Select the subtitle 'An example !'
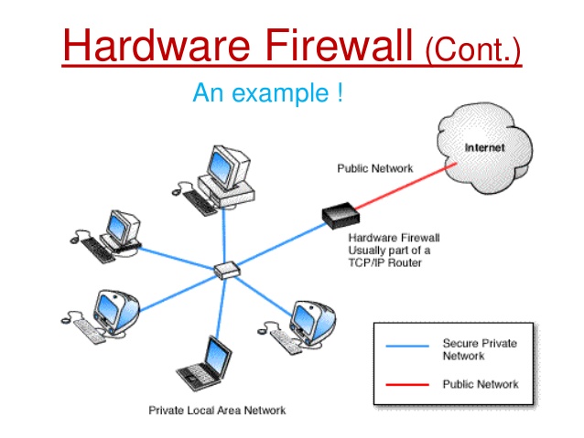point(267,93)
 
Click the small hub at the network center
point(225,271)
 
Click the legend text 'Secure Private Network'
point(480,349)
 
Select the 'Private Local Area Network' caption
point(217,411)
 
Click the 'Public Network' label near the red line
point(375,168)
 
